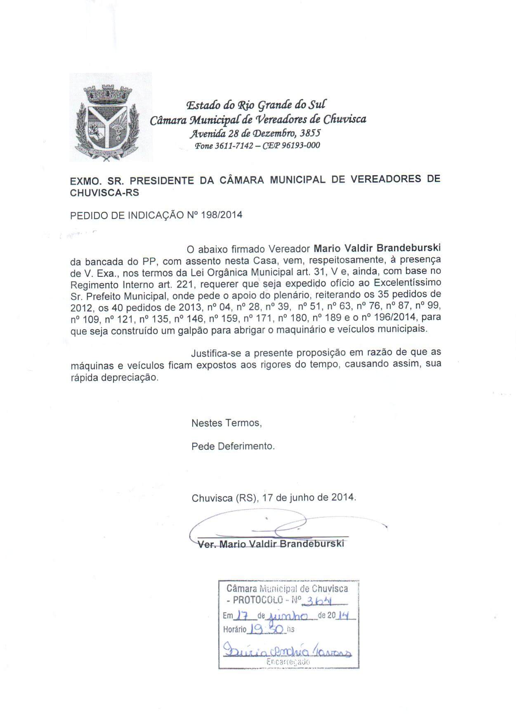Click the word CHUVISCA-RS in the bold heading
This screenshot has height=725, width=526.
click(105, 193)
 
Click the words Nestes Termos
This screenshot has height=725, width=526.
click(226, 423)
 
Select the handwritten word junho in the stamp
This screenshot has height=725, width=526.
click(288, 616)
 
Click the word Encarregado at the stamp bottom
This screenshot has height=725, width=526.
click(288, 662)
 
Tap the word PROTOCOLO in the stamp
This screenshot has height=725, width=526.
click(258, 600)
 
